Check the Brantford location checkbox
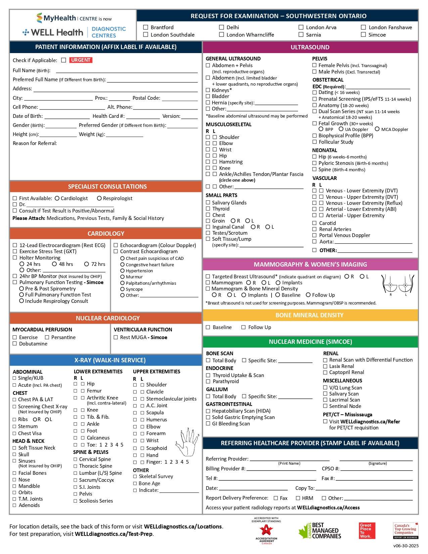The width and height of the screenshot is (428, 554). [146, 27]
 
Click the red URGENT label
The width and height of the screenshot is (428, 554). [81, 60]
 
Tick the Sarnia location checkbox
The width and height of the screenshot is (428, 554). [301, 35]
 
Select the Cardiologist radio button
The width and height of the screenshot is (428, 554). [57, 198]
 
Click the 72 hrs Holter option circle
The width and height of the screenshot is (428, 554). [87, 264]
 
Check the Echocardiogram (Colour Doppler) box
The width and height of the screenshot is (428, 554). [116, 245]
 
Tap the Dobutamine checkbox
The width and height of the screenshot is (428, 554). [15, 344]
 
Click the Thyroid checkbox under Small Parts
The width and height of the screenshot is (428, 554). [208, 209]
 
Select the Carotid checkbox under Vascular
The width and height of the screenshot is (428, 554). [315, 223]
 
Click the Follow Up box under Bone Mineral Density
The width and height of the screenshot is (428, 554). [243, 327]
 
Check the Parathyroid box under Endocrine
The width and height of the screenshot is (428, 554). [208, 381]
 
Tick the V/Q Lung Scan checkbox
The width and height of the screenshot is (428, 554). [325, 388]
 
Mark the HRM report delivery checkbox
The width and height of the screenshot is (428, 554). [298, 498]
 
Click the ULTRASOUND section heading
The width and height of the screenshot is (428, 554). [310, 47]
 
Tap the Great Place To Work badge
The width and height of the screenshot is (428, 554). [367, 530]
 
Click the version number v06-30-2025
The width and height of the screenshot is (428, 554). [406, 546]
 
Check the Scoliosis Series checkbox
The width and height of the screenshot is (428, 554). [75, 501]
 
